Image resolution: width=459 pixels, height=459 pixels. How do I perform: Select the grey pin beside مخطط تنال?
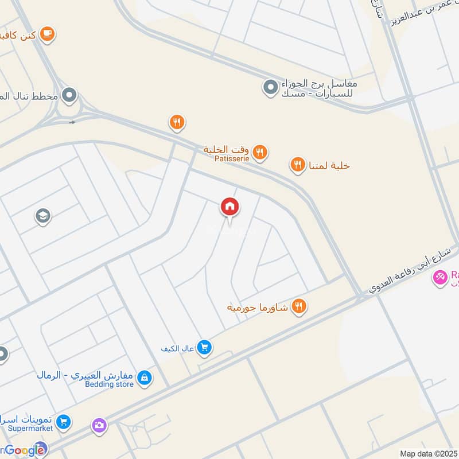[x=69, y=95]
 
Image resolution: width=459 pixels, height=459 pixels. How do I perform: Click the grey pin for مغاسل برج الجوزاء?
[x=270, y=88]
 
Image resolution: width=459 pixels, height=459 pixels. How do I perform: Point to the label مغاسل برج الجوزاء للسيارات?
[x=318, y=88]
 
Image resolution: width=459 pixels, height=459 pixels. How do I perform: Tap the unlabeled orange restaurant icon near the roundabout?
[x=177, y=122]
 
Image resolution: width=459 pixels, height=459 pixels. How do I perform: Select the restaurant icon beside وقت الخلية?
[x=260, y=152]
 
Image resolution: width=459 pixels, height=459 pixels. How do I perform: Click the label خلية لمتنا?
[x=328, y=166]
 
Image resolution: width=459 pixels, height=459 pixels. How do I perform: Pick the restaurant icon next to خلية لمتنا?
[x=297, y=166]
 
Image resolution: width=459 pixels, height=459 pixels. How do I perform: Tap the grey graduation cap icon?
[x=42, y=216]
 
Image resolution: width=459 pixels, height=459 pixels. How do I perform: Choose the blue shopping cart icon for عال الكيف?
[x=204, y=347]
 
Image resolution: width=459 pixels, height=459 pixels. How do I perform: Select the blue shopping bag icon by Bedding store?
[x=145, y=377]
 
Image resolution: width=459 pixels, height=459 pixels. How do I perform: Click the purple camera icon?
[x=99, y=425]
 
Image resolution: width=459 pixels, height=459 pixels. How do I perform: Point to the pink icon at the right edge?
[x=440, y=278]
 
